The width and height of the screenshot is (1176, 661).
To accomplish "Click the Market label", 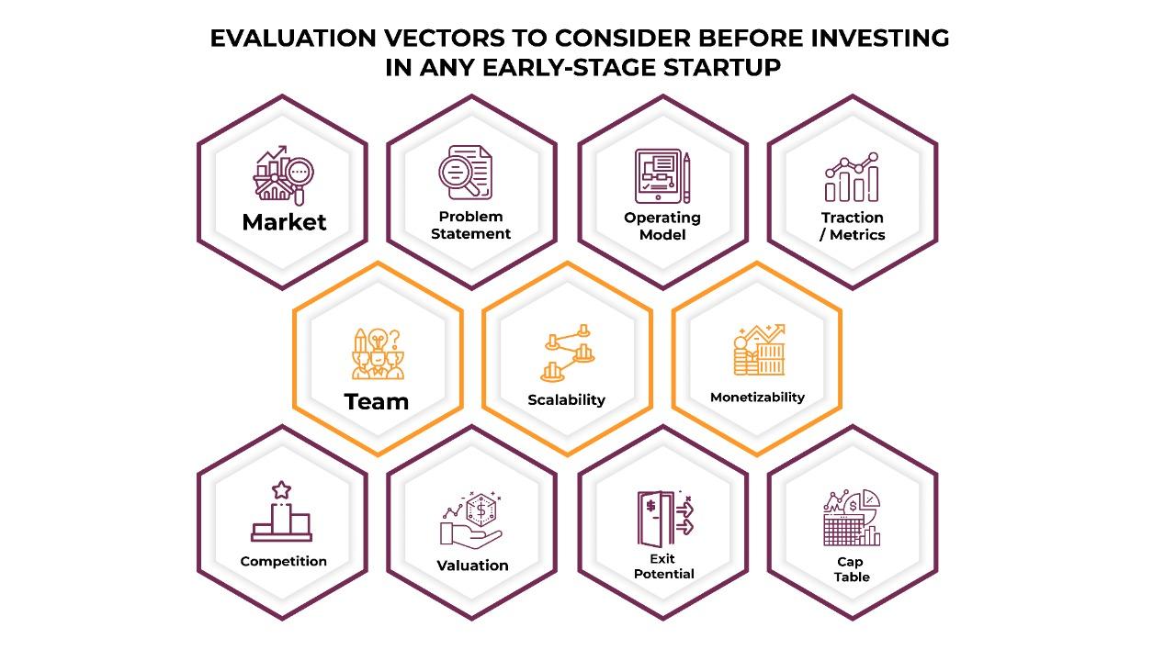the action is click(284, 222).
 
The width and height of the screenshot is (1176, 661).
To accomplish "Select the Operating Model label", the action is click(662, 226).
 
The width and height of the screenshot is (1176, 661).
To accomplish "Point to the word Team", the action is click(377, 402).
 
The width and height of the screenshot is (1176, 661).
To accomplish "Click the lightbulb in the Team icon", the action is click(378, 340).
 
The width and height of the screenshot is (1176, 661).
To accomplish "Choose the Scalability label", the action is click(567, 400).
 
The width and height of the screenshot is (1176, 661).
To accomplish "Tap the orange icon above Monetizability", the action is click(759, 350).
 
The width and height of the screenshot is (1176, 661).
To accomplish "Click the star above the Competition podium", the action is click(281, 490).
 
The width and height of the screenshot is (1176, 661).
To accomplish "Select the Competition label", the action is click(284, 561).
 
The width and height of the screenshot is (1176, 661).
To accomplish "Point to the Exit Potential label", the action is click(663, 566).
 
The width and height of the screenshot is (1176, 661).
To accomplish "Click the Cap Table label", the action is click(851, 569).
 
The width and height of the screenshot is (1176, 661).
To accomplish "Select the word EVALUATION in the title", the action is click(293, 39).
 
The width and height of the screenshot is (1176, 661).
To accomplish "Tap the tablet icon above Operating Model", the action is click(658, 175).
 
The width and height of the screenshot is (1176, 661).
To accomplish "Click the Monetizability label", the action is click(757, 398).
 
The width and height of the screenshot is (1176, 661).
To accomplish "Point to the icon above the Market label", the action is click(284, 175).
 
